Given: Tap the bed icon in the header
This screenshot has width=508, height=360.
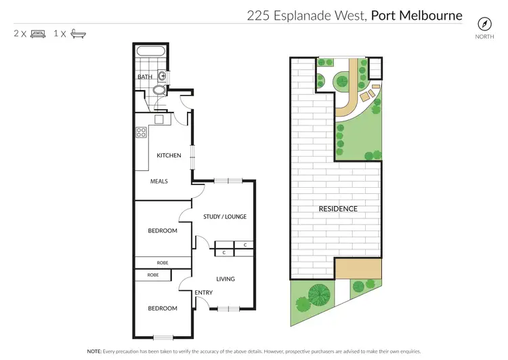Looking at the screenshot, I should [x=38, y=33].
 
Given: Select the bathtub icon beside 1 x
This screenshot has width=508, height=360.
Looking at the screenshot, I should [x=80, y=33].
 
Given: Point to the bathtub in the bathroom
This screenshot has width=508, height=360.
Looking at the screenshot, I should [x=149, y=51].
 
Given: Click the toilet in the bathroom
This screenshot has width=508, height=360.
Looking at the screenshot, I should [x=159, y=89].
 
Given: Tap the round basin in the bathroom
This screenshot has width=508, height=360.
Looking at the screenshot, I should [x=163, y=76].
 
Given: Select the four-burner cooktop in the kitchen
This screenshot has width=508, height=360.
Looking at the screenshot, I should [x=142, y=133].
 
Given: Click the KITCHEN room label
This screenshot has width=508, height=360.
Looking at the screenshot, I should [x=169, y=155].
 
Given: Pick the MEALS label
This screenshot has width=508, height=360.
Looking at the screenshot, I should [x=159, y=181].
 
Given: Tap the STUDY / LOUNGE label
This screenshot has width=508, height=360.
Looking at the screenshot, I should [x=225, y=217].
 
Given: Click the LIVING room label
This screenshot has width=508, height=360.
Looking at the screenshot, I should [x=225, y=279].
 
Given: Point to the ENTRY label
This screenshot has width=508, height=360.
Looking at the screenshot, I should [x=203, y=292].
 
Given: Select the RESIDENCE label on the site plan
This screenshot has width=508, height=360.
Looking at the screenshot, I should [x=338, y=209].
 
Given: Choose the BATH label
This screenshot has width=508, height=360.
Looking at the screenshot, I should [x=145, y=77].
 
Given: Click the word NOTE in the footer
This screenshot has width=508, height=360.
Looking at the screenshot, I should [x=94, y=352].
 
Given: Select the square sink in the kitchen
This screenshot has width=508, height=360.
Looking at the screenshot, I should [x=158, y=120].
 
